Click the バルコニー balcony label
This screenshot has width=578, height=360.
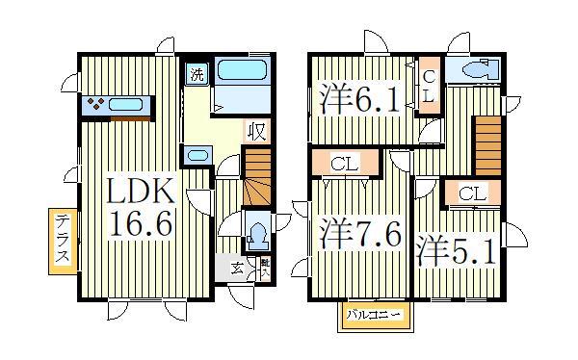[371, 316]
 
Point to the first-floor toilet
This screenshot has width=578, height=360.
[257, 234]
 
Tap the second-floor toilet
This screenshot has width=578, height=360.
[476, 70]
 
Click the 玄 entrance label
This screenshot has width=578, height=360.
[237, 269]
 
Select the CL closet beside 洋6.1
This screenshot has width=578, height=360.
[428, 87]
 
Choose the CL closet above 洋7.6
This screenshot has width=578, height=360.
[344, 165]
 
